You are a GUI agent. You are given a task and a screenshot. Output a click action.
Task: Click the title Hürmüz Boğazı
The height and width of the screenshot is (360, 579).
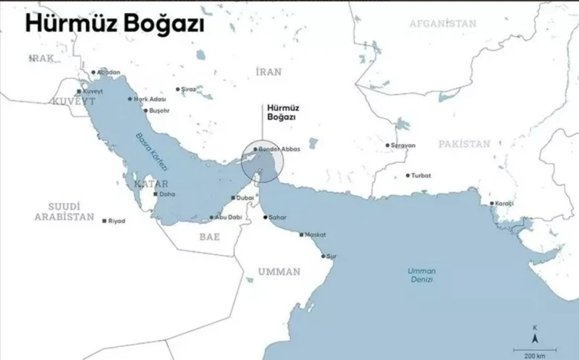(114, 24)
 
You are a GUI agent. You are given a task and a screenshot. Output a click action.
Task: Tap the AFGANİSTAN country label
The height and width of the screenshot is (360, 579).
(443, 23)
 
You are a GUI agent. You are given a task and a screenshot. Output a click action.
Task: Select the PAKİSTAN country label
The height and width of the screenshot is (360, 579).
(464, 144)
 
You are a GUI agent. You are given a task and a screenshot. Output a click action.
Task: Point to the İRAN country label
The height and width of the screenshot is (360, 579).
(269, 71)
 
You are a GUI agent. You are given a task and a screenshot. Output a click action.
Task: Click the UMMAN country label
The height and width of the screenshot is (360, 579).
(279, 272)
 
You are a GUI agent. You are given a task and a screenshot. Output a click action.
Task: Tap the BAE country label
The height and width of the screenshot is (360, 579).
(210, 236)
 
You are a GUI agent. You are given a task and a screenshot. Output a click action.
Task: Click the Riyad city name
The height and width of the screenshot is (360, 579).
(117, 220)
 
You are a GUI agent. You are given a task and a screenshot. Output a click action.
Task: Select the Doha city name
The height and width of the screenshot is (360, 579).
(167, 194)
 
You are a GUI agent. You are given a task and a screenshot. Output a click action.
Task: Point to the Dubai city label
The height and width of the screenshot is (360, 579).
(245, 198)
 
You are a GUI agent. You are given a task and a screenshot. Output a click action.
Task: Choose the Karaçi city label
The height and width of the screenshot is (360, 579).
(503, 204)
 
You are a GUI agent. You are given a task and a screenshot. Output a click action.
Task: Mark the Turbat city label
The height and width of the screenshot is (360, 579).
(421, 175)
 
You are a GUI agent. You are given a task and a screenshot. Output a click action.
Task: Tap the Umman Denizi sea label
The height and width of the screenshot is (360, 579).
(421, 276)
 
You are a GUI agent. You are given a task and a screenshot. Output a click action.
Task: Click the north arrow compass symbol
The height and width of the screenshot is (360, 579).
(535, 335)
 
